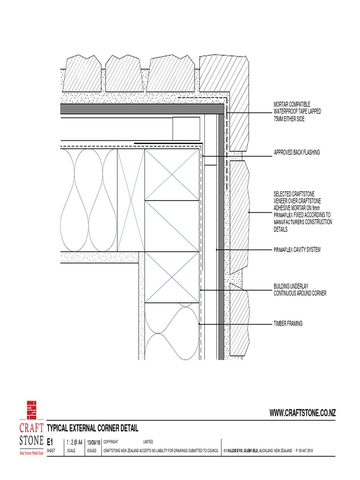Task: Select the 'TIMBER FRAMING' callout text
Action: (288, 323)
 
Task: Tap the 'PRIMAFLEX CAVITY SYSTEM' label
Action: (297, 250)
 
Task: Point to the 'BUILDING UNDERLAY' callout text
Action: (300, 290)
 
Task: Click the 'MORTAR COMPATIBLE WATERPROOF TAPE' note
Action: (297, 112)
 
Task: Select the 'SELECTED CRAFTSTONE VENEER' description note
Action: (302, 212)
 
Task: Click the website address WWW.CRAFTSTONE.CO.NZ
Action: (302, 412)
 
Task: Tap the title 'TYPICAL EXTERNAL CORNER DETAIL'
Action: (93, 428)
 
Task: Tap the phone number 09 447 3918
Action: (304, 450)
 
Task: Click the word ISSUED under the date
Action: (91, 450)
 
